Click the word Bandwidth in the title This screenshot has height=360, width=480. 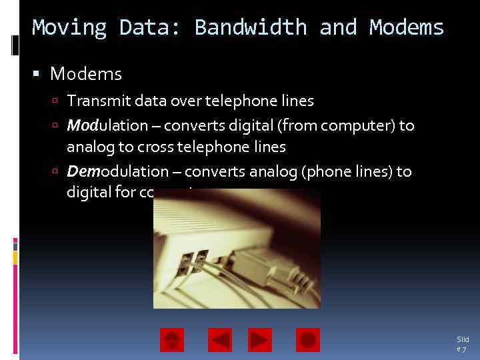[x=250, y=28]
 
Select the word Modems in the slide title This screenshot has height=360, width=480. [x=407, y=28]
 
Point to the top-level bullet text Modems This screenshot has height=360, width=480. [x=86, y=73]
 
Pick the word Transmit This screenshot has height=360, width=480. [x=93, y=101]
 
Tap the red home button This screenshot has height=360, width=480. [x=172, y=340]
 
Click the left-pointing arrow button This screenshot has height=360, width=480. [x=220, y=340]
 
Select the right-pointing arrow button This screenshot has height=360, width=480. [x=260, y=340]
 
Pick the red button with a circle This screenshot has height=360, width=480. [x=308, y=340]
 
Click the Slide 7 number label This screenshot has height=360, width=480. [x=463, y=344]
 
